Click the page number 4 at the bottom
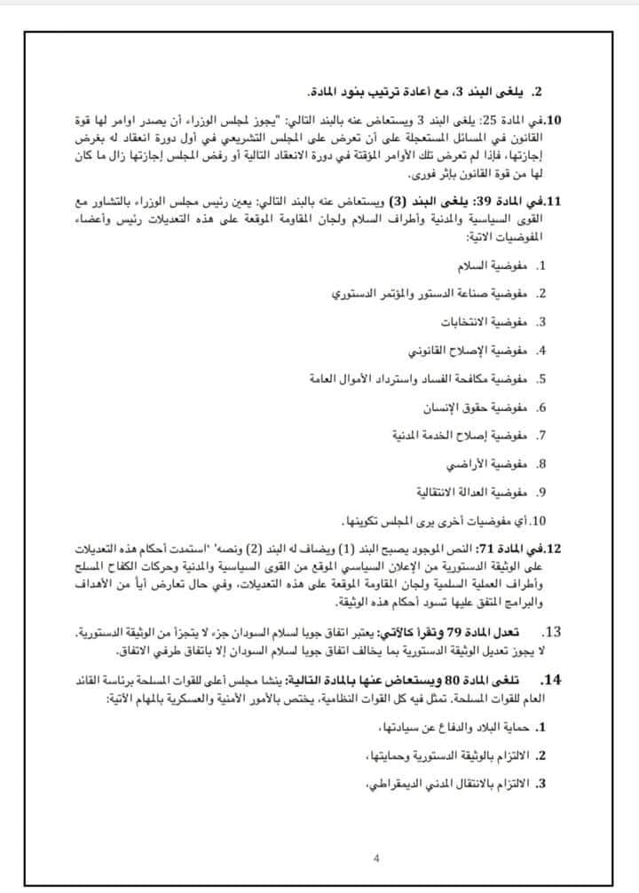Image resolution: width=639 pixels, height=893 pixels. pos(376,857)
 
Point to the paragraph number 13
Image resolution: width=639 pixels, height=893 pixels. pos(576,632)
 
